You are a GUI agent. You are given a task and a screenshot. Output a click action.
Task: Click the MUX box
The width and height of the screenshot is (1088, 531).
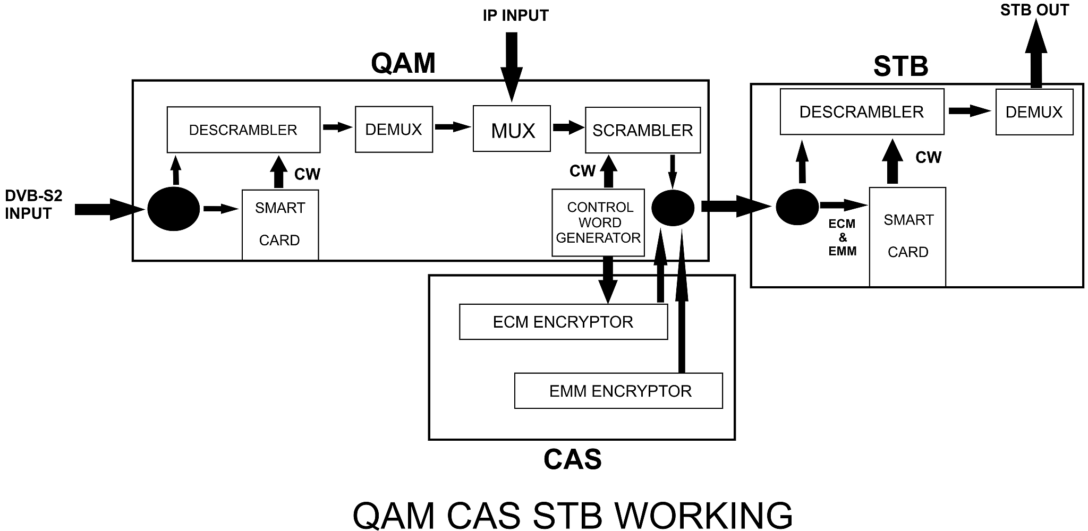tap(512, 129)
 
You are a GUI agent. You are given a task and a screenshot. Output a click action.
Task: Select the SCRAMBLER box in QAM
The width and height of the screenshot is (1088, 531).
tap(642, 130)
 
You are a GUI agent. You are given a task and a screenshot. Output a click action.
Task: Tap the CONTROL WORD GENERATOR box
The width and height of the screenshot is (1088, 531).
tap(598, 222)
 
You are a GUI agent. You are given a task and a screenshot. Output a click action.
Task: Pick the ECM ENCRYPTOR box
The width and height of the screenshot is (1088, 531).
tap(563, 322)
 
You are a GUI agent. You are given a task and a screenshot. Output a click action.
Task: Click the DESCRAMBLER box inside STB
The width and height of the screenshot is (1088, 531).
tap(862, 112)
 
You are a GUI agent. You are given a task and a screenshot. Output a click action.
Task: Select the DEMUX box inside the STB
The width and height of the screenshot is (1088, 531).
tap(1034, 112)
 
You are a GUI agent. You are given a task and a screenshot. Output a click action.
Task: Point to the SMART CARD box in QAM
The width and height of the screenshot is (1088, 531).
tap(280, 224)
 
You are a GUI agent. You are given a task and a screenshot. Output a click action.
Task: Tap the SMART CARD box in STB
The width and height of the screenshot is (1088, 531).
tap(907, 236)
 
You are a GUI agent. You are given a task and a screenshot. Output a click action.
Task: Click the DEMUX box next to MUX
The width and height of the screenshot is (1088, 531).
tap(394, 129)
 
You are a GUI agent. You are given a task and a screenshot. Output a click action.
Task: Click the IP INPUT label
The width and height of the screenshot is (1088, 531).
tap(515, 15)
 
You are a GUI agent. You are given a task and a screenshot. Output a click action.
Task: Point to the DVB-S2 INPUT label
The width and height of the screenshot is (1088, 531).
tap(33, 204)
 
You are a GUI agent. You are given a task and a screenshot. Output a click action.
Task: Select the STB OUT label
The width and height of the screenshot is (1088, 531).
tap(1034, 10)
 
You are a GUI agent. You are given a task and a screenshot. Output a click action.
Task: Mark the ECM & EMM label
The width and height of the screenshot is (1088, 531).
tap(842, 237)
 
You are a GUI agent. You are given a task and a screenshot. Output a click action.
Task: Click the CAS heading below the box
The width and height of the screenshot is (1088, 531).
tap(572, 459)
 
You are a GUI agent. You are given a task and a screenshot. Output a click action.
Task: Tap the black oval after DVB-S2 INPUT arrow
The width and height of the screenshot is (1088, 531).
tap(174, 209)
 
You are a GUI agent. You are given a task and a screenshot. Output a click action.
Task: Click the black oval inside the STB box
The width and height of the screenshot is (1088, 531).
tap(797, 207)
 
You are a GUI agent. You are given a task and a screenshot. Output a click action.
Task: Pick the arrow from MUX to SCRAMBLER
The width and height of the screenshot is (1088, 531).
tap(568, 127)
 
